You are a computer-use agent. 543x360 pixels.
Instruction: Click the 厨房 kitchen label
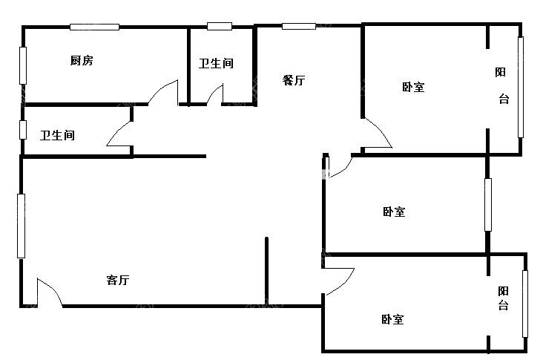(82, 60)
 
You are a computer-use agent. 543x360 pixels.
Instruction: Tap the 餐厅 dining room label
(294, 80)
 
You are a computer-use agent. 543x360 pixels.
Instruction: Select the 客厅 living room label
(118, 280)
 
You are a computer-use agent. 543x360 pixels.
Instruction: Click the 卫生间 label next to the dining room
(216, 63)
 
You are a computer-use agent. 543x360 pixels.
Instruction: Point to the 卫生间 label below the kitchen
(57, 135)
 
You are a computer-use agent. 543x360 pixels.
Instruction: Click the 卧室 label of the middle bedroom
(394, 212)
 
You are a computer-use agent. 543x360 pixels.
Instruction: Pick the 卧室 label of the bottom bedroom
(392, 319)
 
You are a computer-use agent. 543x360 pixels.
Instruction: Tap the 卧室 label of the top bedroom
(413, 87)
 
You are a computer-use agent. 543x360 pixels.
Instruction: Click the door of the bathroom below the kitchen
(118, 132)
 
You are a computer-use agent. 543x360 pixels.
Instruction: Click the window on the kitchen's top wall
(94, 27)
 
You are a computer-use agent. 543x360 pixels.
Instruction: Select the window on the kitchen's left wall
(23, 65)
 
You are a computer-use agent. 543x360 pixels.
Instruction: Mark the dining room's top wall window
(299, 26)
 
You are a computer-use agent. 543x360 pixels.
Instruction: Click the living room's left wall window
(21, 226)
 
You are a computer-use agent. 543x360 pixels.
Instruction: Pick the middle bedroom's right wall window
(488, 204)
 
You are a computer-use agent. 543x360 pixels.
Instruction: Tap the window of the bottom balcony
(525, 304)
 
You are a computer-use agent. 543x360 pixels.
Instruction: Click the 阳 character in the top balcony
(500, 72)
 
